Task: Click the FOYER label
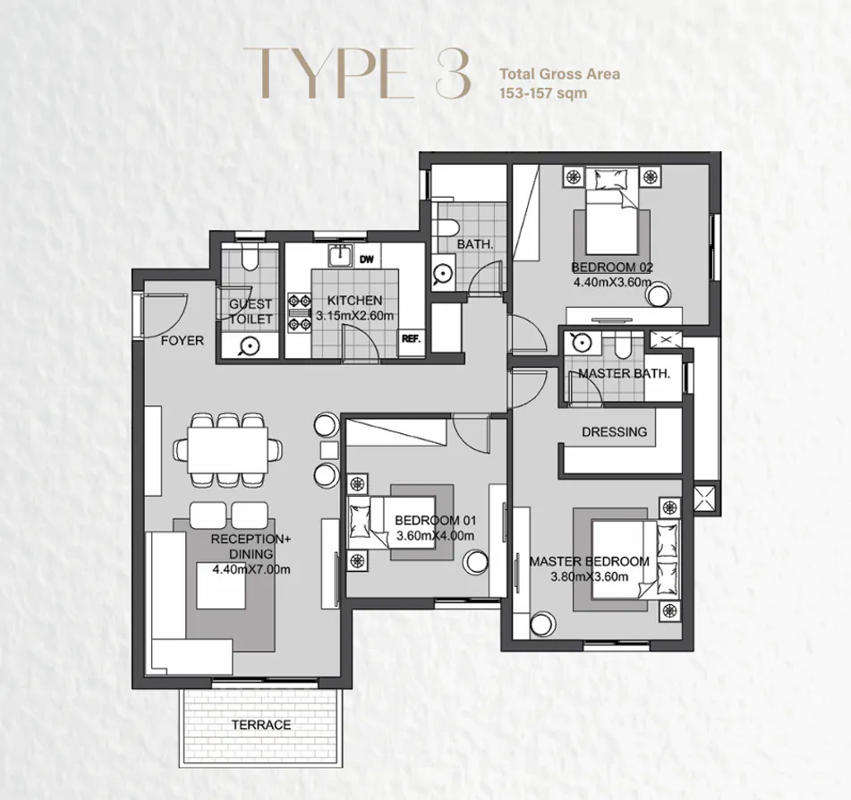182,341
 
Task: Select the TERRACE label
261,725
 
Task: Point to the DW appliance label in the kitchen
366,260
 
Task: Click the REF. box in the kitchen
412,340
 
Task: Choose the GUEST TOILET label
250,311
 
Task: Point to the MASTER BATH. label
624,373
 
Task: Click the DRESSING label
614,431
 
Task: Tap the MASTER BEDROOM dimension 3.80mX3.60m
591,576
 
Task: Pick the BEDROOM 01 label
434,521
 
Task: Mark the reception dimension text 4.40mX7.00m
251,568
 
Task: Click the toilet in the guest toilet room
251,260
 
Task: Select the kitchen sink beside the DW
339,256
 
